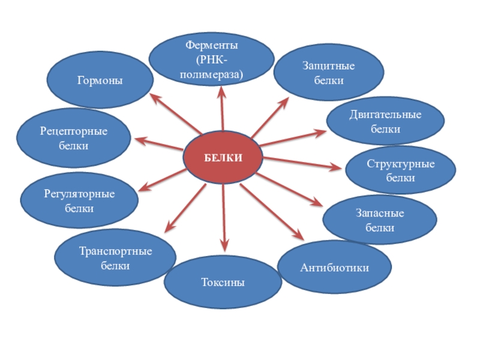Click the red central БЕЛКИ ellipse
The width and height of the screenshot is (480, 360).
click(223, 158)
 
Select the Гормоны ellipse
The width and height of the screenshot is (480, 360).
click(100, 80)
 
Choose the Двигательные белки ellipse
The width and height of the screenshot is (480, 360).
click(385, 121)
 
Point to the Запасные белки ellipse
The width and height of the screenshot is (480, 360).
click(379, 220)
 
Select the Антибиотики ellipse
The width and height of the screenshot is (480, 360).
click(334, 266)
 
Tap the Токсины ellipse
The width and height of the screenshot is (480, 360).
click(223, 282)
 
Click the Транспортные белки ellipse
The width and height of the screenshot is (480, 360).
click(115, 258)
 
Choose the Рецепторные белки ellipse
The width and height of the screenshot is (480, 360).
click(74, 137)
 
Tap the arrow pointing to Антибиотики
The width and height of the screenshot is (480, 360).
click(271, 211)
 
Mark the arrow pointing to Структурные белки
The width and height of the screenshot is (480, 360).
click(303, 163)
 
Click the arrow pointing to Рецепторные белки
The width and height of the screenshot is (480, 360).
click(158, 145)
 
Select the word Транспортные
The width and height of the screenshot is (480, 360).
click(115, 251)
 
